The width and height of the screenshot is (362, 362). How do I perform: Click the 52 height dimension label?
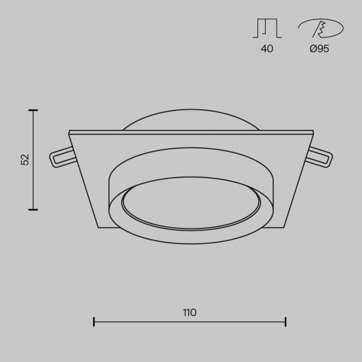pos(25,160)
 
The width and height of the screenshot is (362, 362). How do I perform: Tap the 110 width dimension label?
pos(190,313)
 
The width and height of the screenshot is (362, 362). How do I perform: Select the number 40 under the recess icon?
pos(267,48)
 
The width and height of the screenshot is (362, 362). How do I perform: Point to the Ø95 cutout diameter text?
pos(319,48)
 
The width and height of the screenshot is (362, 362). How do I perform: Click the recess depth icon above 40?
pos(267,28)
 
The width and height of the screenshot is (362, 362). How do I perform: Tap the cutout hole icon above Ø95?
pos(321,28)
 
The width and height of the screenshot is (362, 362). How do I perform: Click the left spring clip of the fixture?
pos(62,157)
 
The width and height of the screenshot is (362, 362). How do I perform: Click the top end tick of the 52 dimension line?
pos(33,111)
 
